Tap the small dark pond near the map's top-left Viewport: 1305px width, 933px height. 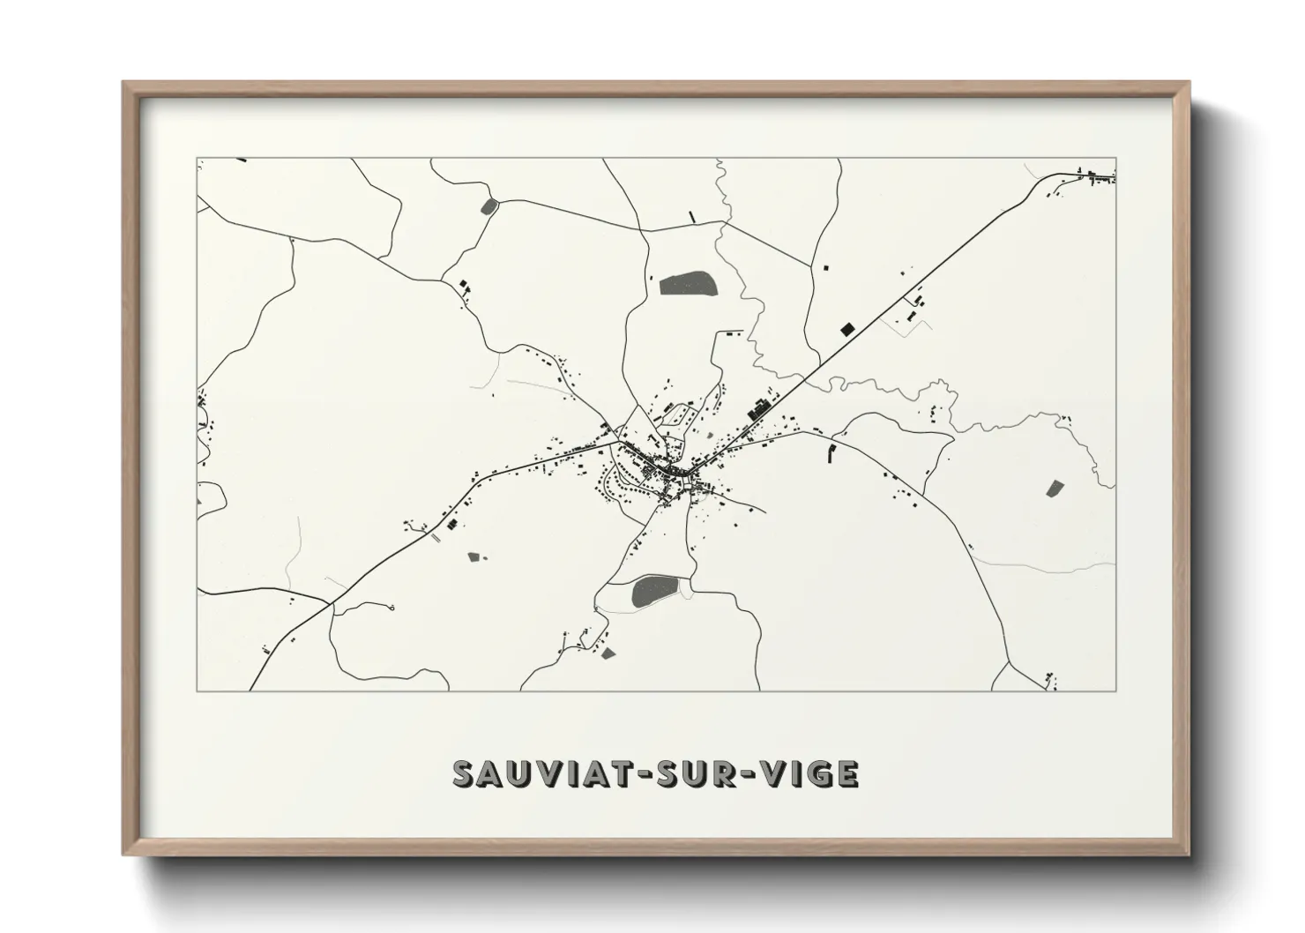(488, 207)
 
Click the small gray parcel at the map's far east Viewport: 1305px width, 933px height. (1055, 488)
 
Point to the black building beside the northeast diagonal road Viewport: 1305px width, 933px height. (847, 329)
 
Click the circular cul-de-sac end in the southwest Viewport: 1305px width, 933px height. (391, 608)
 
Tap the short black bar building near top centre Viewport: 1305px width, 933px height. (692, 216)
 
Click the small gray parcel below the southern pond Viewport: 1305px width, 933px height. (608, 653)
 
